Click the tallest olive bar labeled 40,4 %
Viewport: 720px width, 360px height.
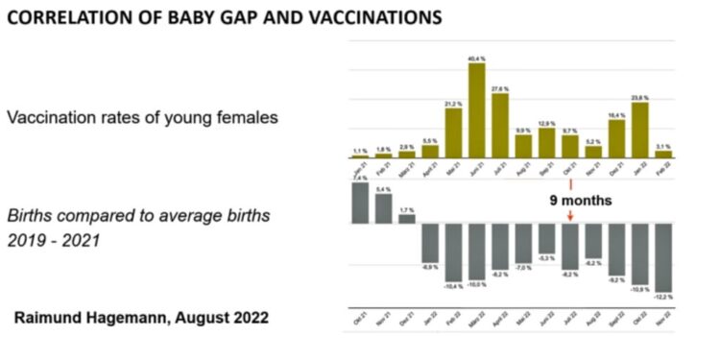click(476, 110)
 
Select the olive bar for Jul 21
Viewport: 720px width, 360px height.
click(499, 126)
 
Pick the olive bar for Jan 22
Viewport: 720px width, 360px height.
click(639, 130)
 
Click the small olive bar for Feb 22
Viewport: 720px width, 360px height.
click(662, 154)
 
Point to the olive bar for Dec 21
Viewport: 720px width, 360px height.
click(616, 138)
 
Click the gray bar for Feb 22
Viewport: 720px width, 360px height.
click(453, 252)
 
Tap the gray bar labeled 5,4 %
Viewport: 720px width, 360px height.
click(383, 209)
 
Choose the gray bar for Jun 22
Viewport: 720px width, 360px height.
click(546, 238)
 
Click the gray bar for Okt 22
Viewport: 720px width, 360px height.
click(639, 254)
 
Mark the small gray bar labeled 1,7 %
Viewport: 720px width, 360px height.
click(406, 219)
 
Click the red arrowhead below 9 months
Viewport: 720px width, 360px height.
click(570, 218)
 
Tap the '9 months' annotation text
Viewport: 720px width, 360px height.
click(579, 202)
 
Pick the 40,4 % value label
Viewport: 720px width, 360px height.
click(476, 60)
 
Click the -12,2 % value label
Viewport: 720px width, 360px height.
click(662, 299)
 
